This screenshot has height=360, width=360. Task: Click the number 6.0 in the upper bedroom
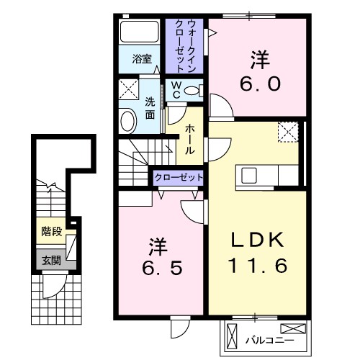click(x=258, y=73)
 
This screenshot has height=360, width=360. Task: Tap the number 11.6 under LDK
click(x=258, y=266)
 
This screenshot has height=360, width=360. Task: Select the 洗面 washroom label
click(x=150, y=107)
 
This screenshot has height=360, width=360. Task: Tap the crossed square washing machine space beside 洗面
click(x=130, y=91)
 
